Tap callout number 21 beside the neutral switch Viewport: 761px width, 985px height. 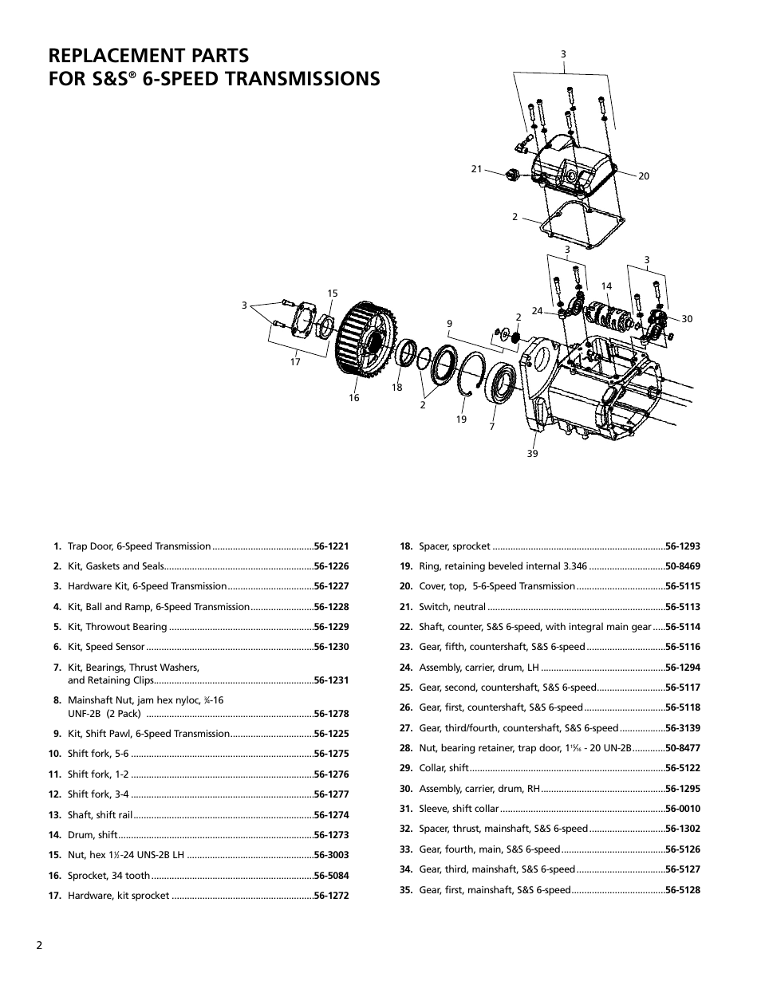pos(477,168)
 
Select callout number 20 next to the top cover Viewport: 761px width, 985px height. pos(644,176)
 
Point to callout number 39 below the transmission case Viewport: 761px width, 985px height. pos(532,454)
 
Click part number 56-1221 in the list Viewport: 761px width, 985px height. pos(331,546)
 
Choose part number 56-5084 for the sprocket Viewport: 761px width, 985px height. pos(331,875)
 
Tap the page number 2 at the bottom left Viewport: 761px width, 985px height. pos(39,945)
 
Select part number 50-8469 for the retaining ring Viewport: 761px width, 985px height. pos(683,566)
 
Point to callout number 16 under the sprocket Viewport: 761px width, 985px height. pos(353,398)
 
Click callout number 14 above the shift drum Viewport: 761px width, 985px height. pos(606,286)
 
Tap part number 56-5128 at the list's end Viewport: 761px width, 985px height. pos(683,890)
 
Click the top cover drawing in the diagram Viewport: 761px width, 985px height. pos(573,164)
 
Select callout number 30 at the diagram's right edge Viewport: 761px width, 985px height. pos(687,318)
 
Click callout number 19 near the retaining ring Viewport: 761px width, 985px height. pos(461,420)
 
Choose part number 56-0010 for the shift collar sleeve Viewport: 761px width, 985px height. pos(683,809)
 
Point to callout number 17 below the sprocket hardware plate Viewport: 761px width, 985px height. pos(295,361)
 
